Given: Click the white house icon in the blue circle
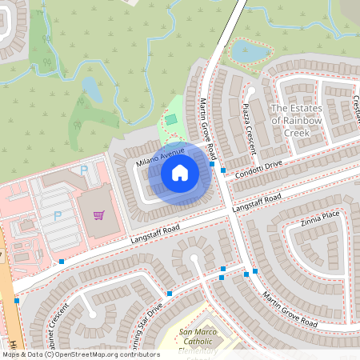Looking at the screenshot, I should [x=180, y=172].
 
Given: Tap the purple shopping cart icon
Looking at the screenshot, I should [x=98, y=214].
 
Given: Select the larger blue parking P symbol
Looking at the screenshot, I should [x=58, y=216].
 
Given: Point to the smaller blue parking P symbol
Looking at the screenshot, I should [x=84, y=170].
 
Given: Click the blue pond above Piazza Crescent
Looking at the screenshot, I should [x=250, y=52].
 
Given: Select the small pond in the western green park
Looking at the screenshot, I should [x=92, y=90].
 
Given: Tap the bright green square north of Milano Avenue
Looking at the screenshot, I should [x=170, y=120].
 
